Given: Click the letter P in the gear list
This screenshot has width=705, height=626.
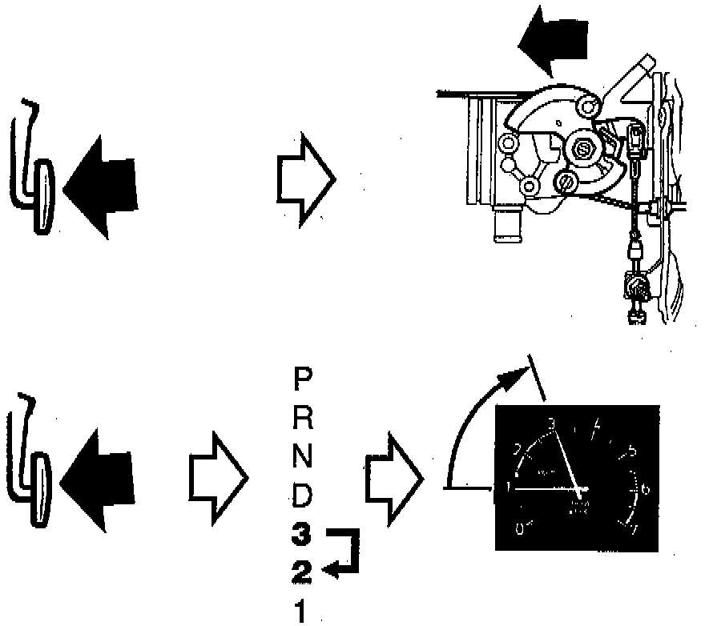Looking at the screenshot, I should point(303,379).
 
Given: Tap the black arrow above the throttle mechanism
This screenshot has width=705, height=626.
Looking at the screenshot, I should point(553,48).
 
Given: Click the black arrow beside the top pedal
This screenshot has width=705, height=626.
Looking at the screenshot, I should point(100,187).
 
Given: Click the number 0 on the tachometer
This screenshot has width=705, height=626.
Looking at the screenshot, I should point(520,529).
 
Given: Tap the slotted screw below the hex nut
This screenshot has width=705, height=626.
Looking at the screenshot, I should point(567,181).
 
